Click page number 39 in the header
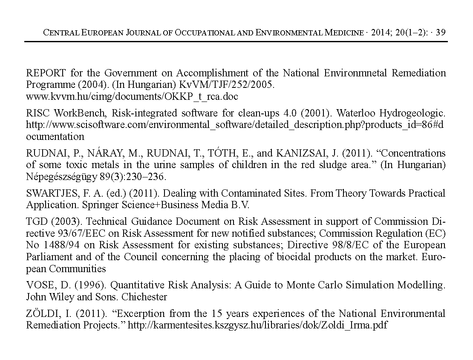pyautogui.click(x=441, y=32)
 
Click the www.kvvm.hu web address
pyautogui.click(x=132, y=96)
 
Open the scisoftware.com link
pyautogui.click(x=234, y=125)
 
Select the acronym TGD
pyautogui.click(x=36, y=222)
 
